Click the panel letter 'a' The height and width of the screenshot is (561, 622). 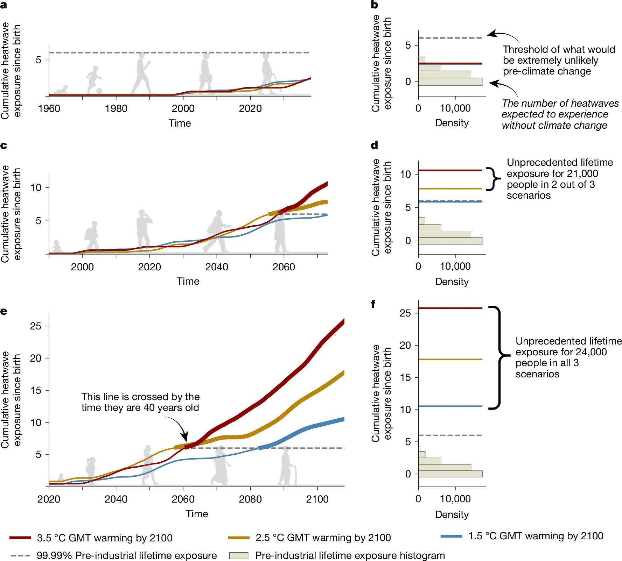tap(4, 6)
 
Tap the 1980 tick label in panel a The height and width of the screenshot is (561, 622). tap(116, 108)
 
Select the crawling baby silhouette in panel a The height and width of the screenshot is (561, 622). tap(62, 90)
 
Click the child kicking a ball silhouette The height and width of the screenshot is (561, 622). tap(94, 80)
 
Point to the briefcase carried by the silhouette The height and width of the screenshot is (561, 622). tap(205, 78)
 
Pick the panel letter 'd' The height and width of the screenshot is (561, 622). tap(375, 145)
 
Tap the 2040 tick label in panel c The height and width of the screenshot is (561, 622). tap(217, 267)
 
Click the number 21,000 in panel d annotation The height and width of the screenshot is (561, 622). tap(582, 173)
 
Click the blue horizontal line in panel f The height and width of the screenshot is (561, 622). tap(450, 406)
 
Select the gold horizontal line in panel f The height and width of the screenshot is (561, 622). tap(450, 359)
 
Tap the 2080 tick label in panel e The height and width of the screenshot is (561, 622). tap(250, 499)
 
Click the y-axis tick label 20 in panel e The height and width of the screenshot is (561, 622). tap(35, 358)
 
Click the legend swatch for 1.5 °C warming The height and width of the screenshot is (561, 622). tap(451, 536)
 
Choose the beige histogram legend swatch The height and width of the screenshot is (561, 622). tap(238, 556)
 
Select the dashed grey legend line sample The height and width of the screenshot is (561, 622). tap(20, 556)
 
